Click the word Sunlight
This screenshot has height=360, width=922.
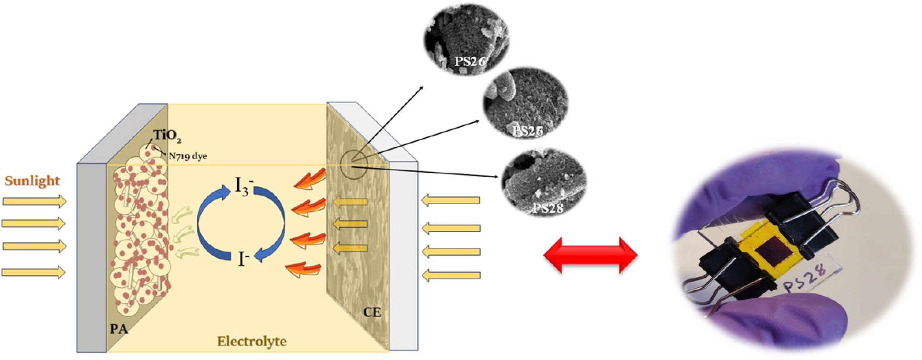tap(32, 181)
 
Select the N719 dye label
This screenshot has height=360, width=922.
tap(188, 156)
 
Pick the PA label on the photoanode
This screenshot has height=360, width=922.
tap(119, 329)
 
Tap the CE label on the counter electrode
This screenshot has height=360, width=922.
tap(372, 312)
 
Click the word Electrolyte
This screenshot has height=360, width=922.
tap(252, 341)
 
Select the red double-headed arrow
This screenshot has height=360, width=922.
tap(590, 255)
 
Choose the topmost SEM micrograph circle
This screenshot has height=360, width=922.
tap(466, 39)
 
